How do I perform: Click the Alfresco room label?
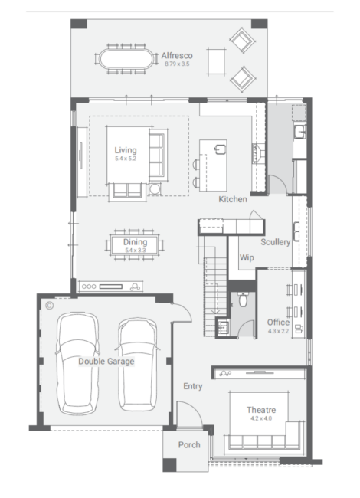click(177, 56)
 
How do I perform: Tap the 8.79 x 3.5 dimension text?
click(177, 64)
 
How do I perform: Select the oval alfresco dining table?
click(126, 59)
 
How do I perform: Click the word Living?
click(126, 150)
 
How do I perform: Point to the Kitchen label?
click(233, 199)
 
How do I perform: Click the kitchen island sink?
click(220, 149)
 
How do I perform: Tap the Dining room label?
click(136, 242)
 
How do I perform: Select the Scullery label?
click(275, 242)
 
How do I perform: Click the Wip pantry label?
click(247, 257)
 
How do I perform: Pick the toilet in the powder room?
click(243, 300)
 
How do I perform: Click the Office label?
click(278, 323)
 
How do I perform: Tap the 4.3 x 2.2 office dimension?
click(278, 331)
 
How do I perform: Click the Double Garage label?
click(106, 362)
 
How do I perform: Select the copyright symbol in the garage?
click(49, 306)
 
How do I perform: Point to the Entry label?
click(193, 386)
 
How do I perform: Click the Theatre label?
click(261, 410)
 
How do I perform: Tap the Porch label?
click(189, 444)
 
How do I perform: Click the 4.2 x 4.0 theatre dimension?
click(261, 418)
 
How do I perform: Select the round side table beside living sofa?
click(155, 188)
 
